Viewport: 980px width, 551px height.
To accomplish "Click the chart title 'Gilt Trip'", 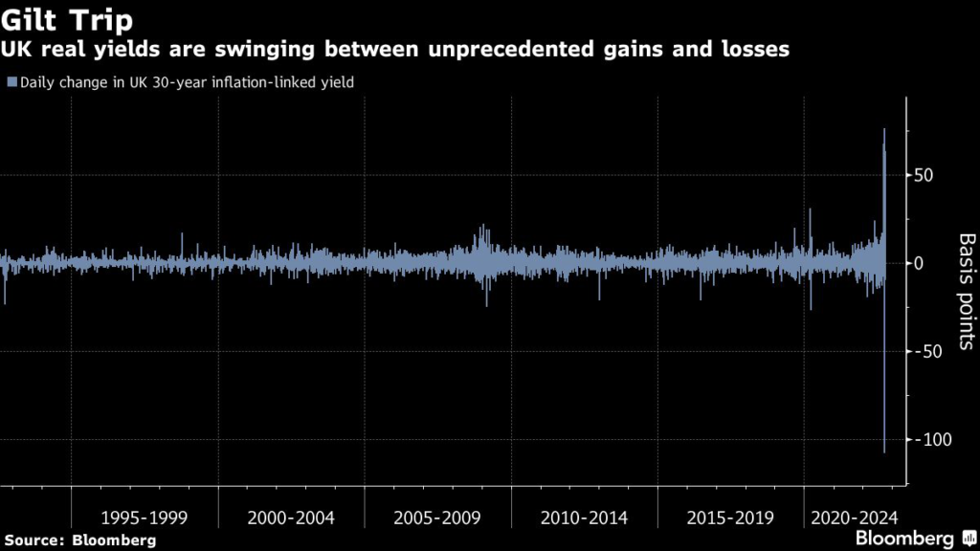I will pyautogui.click(x=68, y=21).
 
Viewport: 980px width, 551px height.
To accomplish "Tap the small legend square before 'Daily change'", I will pyautogui.click(x=11, y=83).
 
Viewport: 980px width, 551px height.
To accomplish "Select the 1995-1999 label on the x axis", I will pyautogui.click(x=145, y=518).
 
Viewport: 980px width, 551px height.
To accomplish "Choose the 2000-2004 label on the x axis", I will pyautogui.click(x=291, y=518).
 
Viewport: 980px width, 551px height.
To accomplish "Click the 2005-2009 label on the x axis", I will pyautogui.click(x=437, y=518).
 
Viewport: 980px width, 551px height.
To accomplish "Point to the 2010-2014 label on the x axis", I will pyautogui.click(x=584, y=518).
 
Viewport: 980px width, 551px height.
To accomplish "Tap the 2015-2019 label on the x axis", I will pyautogui.click(x=730, y=518).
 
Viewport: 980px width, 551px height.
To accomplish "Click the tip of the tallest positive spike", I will pyautogui.click(x=884, y=130).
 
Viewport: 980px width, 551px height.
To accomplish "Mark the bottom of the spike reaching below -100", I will pyautogui.click(x=884, y=452).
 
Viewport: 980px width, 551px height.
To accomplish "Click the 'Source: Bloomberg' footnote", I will pyautogui.click(x=79, y=540).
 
